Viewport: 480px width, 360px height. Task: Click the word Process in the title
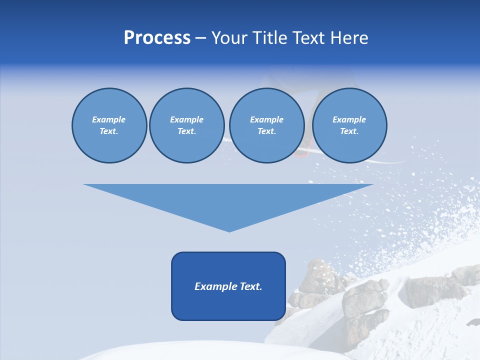(157, 38)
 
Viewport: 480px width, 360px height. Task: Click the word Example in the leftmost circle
(109, 119)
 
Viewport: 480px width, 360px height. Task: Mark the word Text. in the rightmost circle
(349, 131)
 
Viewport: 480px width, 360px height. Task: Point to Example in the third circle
(266, 119)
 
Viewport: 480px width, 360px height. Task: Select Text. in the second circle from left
(186, 131)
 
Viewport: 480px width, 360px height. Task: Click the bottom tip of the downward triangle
(229, 230)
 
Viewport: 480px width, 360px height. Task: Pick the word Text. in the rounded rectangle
(251, 286)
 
